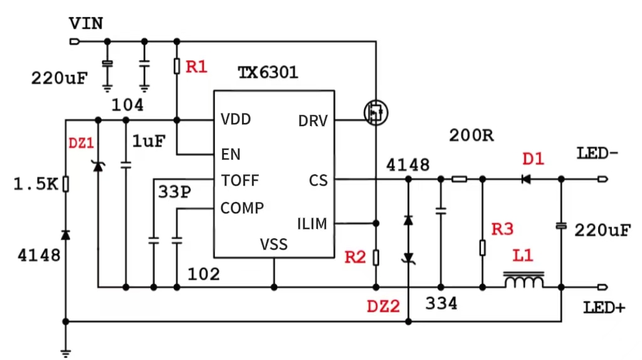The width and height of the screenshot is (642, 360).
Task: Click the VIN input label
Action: tap(86, 24)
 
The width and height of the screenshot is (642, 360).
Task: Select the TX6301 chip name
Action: tap(268, 73)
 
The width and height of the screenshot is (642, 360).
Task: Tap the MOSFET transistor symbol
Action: tap(376, 113)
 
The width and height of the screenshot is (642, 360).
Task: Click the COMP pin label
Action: tap(242, 208)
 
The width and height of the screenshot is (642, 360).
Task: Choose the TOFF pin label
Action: tap(240, 181)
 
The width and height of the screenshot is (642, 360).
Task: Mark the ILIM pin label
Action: tap(312, 223)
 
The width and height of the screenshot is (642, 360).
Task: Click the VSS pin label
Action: tap(274, 244)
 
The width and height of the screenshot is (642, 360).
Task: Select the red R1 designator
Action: tap(197, 66)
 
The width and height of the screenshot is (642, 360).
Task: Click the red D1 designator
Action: tap(533, 159)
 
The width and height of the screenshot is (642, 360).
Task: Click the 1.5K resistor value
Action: tap(36, 184)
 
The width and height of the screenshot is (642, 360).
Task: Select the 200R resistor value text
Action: tap(471, 135)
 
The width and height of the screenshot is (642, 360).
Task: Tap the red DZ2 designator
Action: tap(383, 307)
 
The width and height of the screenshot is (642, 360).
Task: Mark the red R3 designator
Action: tap(502, 230)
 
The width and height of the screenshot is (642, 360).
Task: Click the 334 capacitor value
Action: tap(441, 304)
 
